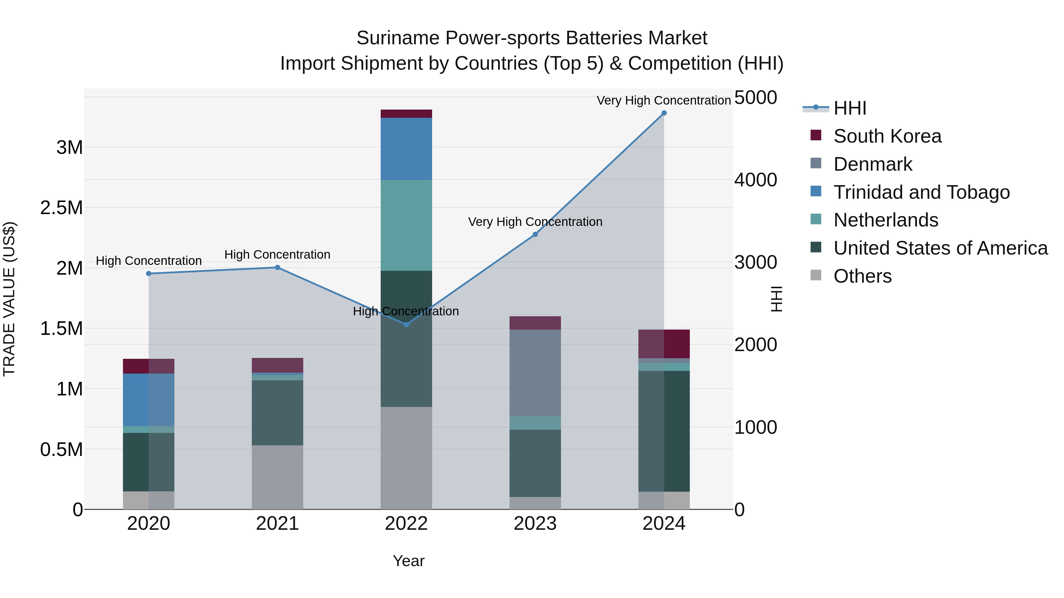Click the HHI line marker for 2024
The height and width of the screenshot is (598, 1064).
(x=664, y=113)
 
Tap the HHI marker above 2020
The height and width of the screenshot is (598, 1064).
(x=149, y=274)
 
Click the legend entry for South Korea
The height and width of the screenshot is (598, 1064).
(x=887, y=136)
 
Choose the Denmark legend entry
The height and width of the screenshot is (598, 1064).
(x=872, y=164)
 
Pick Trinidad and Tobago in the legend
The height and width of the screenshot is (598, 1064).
(x=921, y=192)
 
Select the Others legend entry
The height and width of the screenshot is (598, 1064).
(x=862, y=276)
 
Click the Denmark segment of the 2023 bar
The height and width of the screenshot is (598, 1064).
(x=535, y=373)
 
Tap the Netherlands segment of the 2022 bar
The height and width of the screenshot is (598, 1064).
(x=406, y=225)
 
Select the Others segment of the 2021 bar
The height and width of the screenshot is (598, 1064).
(x=277, y=477)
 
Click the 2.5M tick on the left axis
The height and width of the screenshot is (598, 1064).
(x=61, y=208)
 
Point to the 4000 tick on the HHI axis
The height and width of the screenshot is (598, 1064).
(x=755, y=180)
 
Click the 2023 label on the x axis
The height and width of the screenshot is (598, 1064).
(x=535, y=524)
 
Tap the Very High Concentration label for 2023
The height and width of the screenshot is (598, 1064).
(x=535, y=222)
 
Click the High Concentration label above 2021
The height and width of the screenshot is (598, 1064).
(x=277, y=255)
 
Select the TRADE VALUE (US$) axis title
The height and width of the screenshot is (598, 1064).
(x=9, y=299)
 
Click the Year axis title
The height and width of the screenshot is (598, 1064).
(x=408, y=561)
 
